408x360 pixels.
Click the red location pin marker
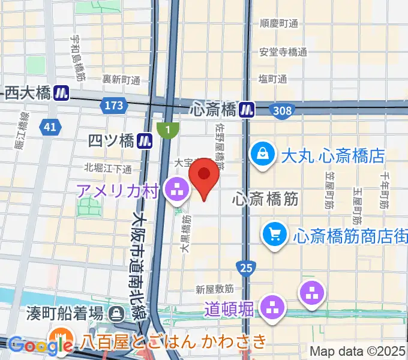coord(204,178)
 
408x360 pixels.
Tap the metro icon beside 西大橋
coord(61,93)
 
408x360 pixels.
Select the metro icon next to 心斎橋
coord(247,109)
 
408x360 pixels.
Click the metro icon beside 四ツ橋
coord(145,141)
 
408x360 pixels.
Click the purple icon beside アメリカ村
coord(176,192)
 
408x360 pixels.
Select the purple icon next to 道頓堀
coord(273,308)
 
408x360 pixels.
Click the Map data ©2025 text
coord(358,351)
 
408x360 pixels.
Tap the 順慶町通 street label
coord(279,24)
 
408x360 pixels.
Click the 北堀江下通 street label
coord(108,167)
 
